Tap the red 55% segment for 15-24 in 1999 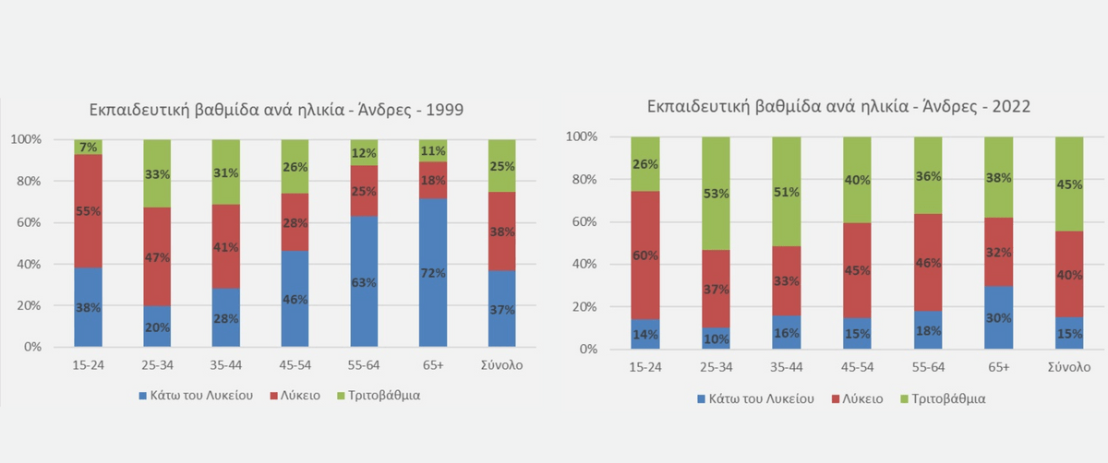[89, 210]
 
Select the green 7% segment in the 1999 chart [89, 147]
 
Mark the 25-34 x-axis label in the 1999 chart [158, 364]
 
